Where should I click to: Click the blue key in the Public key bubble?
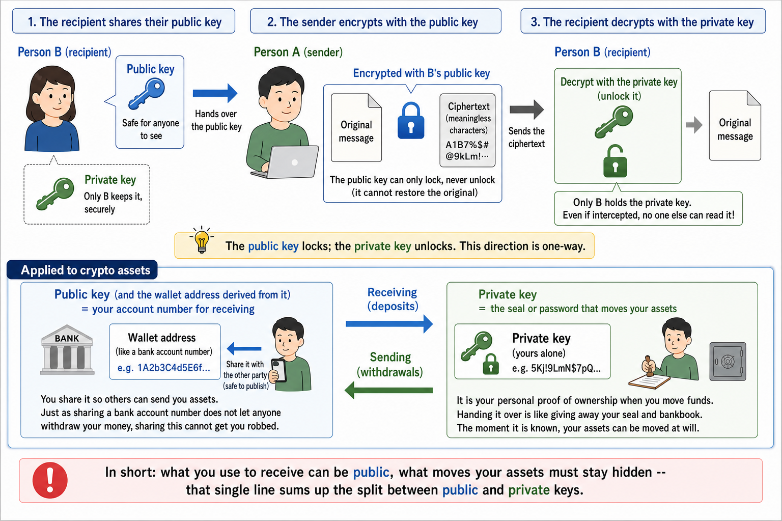click(147, 93)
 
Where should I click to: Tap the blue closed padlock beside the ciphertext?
click(411, 121)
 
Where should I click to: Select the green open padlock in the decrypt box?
click(615, 161)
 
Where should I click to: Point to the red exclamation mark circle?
click(50, 480)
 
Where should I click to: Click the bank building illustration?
click(67, 349)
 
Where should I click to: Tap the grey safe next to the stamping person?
click(728, 362)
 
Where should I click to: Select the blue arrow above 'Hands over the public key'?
click(215, 93)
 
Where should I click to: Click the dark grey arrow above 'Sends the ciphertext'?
click(527, 109)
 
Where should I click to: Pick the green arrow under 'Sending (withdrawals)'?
click(388, 390)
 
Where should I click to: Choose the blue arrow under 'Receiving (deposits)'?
click(389, 324)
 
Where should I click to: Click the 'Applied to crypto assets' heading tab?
click(82, 270)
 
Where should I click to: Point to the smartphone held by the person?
click(279, 371)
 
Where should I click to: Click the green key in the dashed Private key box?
click(55, 194)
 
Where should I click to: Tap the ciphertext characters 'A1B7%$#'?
click(467, 145)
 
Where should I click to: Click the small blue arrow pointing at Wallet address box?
click(244, 348)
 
